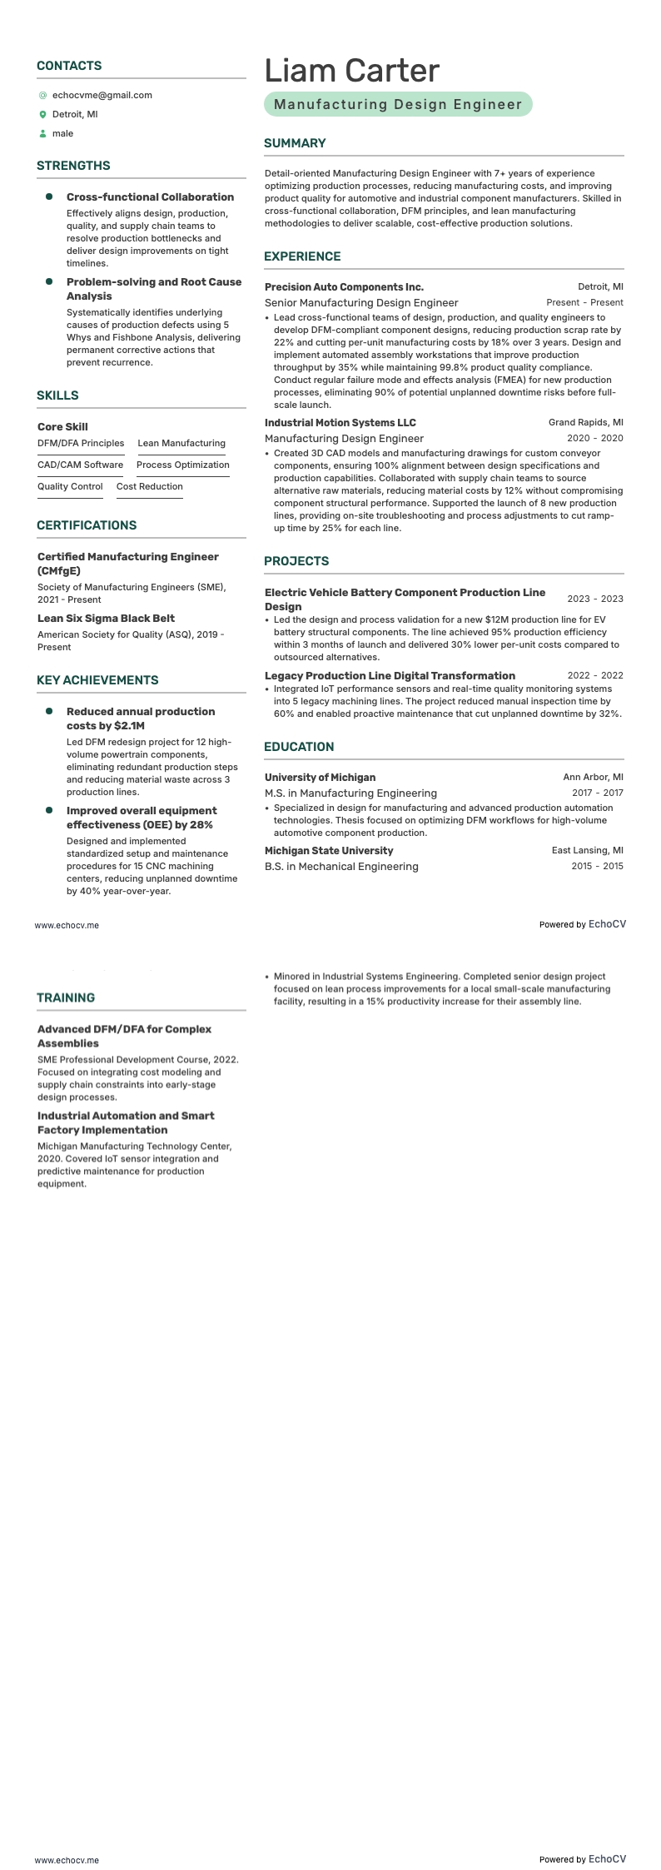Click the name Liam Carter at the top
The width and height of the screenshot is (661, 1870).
tap(351, 71)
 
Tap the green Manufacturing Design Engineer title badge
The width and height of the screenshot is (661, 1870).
tap(398, 104)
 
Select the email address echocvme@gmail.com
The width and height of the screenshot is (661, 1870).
tap(102, 95)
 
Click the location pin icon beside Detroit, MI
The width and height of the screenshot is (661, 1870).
tap(42, 114)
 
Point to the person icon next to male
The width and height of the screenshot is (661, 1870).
tap(42, 133)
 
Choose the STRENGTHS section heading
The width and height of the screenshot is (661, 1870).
tap(73, 166)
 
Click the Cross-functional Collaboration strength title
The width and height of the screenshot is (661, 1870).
tap(150, 197)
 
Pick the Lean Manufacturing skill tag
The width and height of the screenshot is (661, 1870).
tap(181, 443)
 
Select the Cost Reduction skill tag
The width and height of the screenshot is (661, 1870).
tap(150, 486)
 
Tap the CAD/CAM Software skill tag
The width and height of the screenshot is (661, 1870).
tap(80, 465)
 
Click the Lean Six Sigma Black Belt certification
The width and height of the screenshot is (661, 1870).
tap(106, 619)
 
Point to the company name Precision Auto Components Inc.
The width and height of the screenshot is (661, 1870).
tap(344, 286)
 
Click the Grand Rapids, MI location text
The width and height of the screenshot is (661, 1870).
tap(585, 423)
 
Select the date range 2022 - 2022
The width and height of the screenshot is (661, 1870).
tap(595, 675)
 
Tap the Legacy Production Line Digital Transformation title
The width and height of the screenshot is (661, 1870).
tap(390, 675)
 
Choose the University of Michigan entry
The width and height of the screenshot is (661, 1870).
tap(320, 778)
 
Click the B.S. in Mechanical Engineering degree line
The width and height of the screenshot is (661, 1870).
tap(341, 867)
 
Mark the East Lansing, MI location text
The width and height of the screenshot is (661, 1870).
tap(587, 851)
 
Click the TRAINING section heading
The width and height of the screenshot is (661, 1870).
tap(66, 997)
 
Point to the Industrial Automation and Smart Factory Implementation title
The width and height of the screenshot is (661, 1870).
tap(126, 1122)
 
